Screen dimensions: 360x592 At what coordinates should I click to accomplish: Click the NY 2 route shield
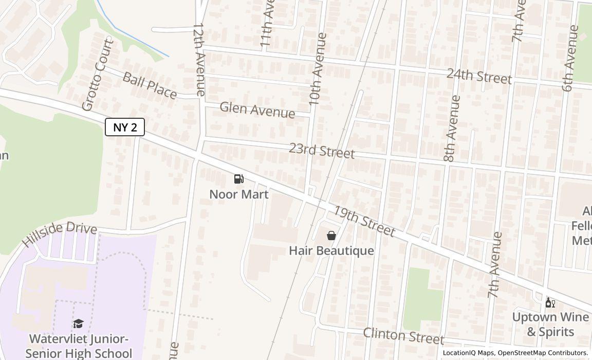[125, 127]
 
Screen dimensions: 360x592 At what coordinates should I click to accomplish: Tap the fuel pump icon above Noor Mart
[238, 179]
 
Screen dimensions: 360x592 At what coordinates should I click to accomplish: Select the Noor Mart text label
[238, 194]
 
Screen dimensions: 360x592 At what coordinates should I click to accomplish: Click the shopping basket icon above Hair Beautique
[331, 236]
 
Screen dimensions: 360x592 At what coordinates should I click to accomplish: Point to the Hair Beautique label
[331, 251]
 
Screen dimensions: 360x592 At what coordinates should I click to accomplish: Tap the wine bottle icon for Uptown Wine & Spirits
[550, 302]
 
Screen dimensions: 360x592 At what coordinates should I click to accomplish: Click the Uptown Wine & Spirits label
[550, 324]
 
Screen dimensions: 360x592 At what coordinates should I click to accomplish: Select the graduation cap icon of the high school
[78, 323]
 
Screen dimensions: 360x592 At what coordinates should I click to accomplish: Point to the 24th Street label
[479, 76]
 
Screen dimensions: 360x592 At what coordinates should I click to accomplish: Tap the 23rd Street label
[322, 151]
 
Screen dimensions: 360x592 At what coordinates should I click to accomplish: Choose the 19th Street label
[364, 221]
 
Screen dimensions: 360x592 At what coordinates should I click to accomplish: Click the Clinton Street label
[403, 335]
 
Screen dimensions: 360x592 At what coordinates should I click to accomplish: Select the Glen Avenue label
[257, 110]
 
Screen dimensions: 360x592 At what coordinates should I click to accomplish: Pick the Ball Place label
[150, 85]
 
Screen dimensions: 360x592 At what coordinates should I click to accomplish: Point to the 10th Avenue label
[316, 69]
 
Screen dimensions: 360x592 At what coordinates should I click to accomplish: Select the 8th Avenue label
[452, 129]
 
